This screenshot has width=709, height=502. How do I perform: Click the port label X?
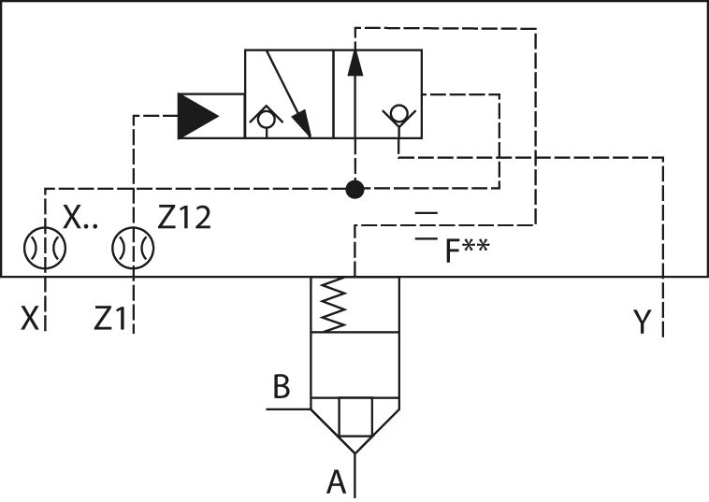click(x=30, y=320)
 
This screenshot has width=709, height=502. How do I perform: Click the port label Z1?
click(x=109, y=320)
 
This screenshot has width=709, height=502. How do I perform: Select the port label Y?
click(x=642, y=323)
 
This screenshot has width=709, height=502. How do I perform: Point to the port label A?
click(x=336, y=482)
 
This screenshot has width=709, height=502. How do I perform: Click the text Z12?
click(x=184, y=218)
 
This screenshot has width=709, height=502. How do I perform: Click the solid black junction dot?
click(x=354, y=190)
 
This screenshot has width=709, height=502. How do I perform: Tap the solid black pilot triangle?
click(x=197, y=116)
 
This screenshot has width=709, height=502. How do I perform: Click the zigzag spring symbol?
click(x=334, y=305)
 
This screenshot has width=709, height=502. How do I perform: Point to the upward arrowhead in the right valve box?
click(x=354, y=62)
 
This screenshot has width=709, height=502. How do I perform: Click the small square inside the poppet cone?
click(x=354, y=418)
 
